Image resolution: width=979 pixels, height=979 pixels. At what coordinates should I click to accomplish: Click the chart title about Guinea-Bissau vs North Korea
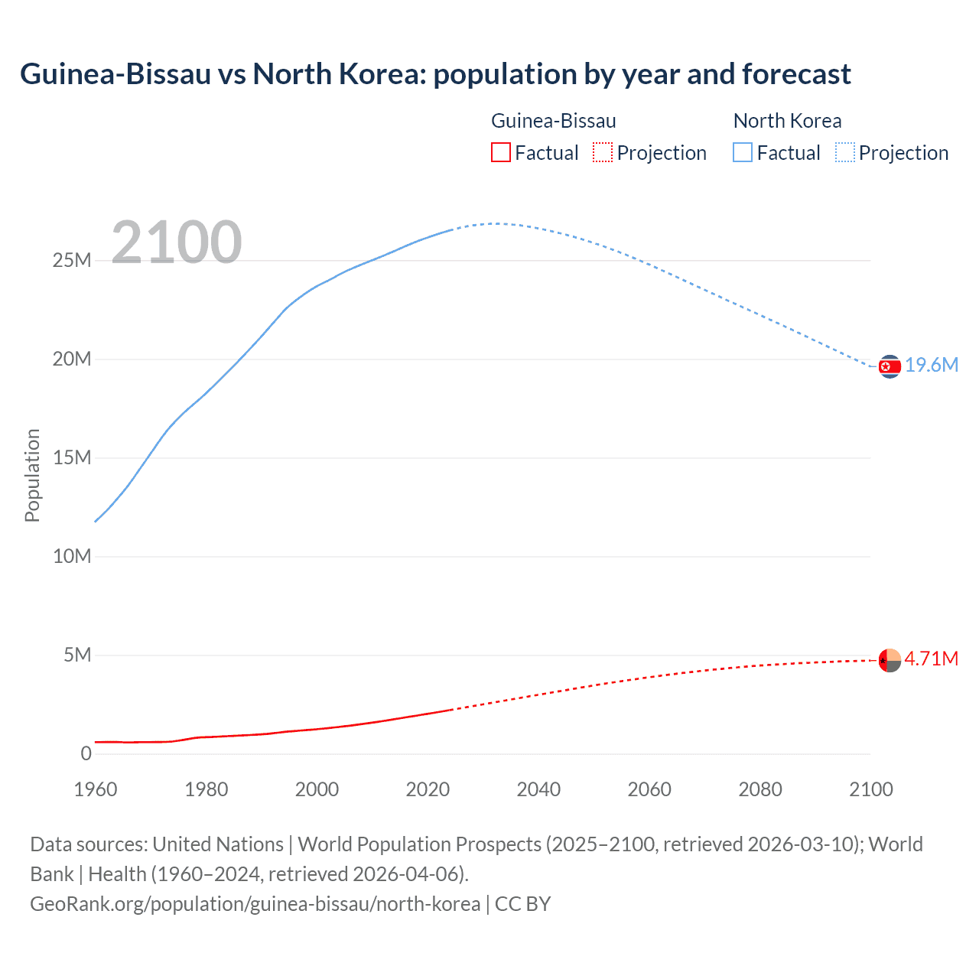(435, 74)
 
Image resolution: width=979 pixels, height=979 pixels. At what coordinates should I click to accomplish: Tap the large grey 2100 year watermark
(177, 242)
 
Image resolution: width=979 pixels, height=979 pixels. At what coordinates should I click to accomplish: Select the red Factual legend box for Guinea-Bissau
(500, 153)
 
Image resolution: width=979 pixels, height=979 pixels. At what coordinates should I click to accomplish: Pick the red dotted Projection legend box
(603, 153)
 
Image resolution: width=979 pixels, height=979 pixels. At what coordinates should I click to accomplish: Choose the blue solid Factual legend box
(743, 153)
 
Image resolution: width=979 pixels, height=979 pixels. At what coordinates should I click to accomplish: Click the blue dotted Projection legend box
(844, 153)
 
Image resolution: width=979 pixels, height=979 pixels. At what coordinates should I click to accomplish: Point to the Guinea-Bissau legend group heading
(553, 121)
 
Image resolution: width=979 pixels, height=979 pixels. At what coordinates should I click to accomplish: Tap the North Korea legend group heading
(787, 121)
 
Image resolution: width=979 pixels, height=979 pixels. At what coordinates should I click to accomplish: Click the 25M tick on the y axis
(72, 261)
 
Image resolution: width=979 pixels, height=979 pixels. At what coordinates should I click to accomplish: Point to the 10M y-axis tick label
(72, 557)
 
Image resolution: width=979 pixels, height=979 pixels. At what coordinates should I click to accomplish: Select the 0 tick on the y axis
(86, 754)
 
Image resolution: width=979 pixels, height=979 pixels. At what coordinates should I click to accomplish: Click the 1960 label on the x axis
(96, 789)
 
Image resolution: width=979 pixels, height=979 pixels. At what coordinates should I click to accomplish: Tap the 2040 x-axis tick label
(538, 789)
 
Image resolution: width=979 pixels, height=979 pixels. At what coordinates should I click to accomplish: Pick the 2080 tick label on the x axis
(760, 789)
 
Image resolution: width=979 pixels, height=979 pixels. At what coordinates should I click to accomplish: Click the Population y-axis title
(32, 475)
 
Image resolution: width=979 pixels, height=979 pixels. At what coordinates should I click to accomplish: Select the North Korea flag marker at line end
(890, 367)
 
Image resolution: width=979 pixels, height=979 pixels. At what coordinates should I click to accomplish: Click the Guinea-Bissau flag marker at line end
(890, 660)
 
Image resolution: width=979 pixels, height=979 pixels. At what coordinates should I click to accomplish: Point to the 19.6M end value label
(932, 366)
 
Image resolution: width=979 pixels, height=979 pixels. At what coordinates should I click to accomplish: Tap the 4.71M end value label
(931, 659)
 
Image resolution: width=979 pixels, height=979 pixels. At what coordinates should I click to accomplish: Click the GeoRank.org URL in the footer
(255, 904)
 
